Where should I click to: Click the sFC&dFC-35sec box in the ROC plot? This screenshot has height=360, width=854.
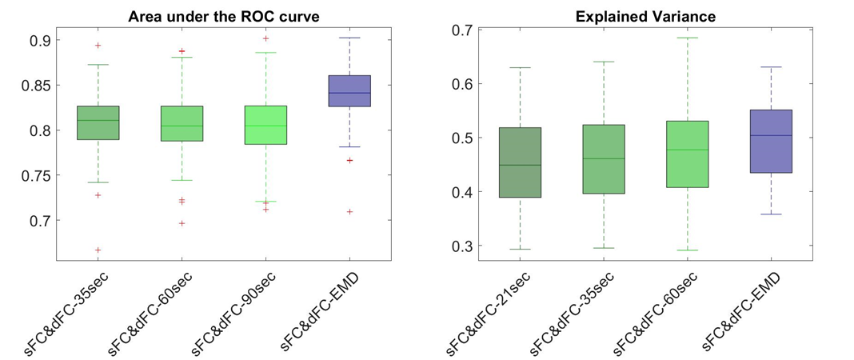pos(98,122)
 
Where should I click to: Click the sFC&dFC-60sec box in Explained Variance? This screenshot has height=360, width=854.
pos(687,154)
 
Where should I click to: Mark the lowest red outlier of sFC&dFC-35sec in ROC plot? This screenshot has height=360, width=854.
pos(98,250)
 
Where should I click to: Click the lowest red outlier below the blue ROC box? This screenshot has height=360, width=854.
pos(349,212)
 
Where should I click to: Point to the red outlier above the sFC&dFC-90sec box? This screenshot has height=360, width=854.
pos(265,38)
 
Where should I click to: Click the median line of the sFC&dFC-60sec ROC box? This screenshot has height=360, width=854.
pos(182,126)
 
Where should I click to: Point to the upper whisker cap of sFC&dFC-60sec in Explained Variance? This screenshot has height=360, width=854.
pos(687,38)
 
